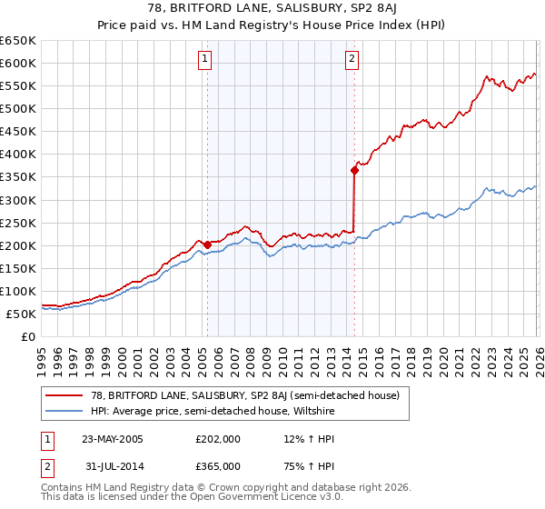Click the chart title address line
point(272,9)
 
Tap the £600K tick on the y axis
point(18,63)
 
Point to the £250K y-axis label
point(18,223)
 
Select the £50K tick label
point(21,314)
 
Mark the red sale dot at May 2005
point(207,244)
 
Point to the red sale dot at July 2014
point(354,169)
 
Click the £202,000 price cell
point(217,439)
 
